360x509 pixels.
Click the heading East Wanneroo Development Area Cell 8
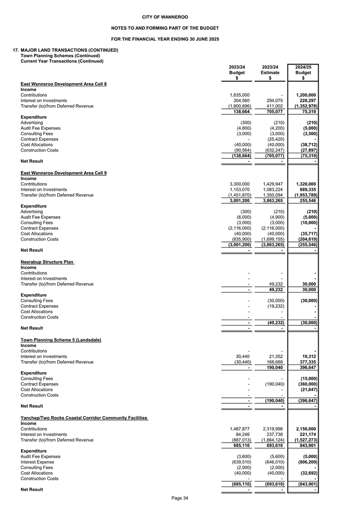pos(63,84)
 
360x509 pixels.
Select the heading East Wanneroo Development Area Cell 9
pos(63,173)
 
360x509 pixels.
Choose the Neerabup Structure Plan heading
pos(47,262)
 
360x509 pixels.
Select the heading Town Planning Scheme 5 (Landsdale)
pos(61,340)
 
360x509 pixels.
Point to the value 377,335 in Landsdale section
pos(306,362)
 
